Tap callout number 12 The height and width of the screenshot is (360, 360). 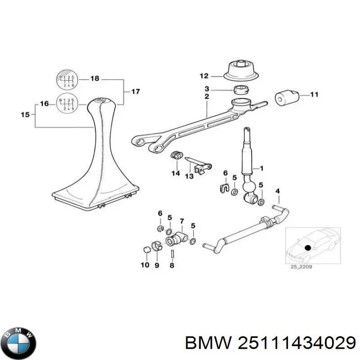[x=205, y=76]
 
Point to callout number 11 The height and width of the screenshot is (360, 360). [x=314, y=94]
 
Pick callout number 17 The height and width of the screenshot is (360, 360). [x=135, y=91]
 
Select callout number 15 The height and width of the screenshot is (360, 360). [x=25, y=115]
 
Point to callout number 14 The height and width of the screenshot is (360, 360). [x=175, y=173]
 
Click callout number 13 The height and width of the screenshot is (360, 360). [x=189, y=176]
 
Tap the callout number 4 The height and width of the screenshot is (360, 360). [x=278, y=191]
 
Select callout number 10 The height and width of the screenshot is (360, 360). [x=145, y=265]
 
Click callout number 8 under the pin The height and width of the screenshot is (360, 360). [x=171, y=265]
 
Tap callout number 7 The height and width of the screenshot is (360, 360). [x=181, y=220]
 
